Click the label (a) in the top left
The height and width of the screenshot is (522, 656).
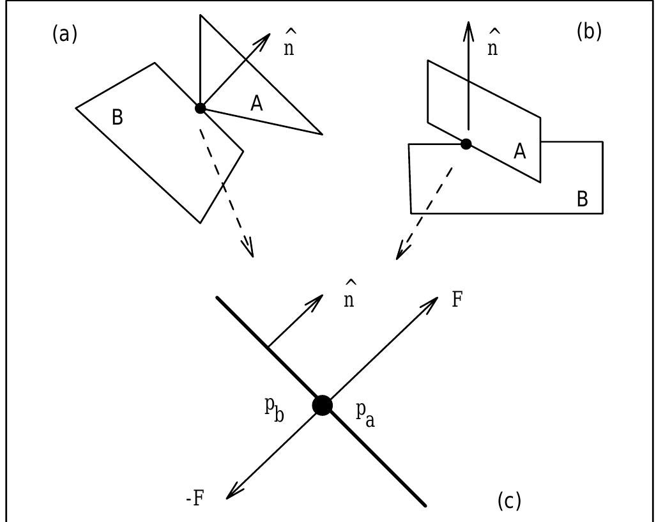coord(64,34)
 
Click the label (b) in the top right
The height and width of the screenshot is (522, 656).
coord(588,31)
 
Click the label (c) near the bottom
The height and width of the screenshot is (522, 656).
coord(509,502)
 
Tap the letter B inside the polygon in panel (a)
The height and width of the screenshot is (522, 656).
coord(117,118)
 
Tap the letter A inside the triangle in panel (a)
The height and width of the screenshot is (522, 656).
coord(256,104)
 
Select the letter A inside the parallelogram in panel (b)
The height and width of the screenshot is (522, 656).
coord(520,151)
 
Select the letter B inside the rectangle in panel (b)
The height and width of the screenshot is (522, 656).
coord(582,199)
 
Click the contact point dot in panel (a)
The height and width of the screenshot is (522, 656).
coord(200,108)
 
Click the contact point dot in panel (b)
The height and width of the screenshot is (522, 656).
coord(466,144)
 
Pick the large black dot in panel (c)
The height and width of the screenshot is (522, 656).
coord(323,405)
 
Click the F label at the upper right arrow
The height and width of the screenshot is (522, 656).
coord(457,300)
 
